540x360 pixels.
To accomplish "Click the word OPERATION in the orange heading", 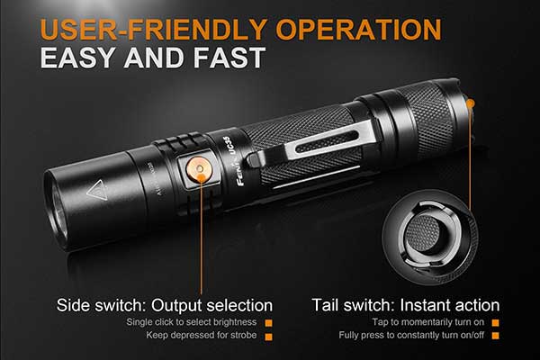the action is click(358, 30).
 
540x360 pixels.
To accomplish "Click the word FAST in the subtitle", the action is click(229, 58).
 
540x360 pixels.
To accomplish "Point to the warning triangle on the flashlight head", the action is click(96, 190).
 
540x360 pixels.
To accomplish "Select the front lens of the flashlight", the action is click(57, 210).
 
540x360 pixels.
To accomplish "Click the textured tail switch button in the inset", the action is click(423, 234).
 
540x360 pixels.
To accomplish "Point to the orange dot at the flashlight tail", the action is click(471, 103).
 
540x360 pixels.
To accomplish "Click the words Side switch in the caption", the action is click(99, 306).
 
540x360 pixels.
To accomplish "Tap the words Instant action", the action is click(450, 306).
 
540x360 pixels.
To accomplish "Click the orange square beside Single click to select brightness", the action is click(268, 323).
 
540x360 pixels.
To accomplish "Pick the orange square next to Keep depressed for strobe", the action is click(268, 337).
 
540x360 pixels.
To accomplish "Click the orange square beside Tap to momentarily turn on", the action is click(495, 323).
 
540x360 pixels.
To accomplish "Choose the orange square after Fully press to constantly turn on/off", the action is click(495, 335).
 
